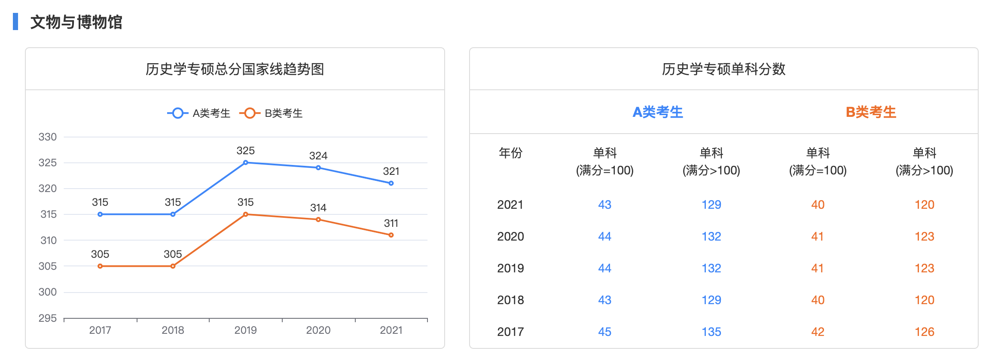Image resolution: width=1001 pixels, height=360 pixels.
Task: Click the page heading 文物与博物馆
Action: (76, 22)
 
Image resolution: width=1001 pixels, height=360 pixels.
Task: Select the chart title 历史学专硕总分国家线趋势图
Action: (235, 69)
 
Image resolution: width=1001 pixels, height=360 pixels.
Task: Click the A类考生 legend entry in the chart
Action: (199, 113)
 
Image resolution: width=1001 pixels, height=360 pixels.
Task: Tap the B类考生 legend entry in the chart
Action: (272, 113)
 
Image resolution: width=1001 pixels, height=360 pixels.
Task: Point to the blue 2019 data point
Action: (245, 163)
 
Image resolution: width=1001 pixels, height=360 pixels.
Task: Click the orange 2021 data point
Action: (391, 235)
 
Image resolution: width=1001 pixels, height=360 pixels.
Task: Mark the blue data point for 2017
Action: (100, 214)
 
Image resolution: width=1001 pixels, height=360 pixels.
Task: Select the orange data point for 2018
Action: (173, 266)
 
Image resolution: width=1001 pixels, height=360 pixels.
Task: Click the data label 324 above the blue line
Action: (318, 156)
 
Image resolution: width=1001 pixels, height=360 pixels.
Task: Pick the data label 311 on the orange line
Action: (391, 223)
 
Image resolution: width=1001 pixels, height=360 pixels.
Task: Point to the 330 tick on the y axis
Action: (48, 137)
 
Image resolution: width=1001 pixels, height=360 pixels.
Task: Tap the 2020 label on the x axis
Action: (318, 330)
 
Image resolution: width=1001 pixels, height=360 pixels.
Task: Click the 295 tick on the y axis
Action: (48, 318)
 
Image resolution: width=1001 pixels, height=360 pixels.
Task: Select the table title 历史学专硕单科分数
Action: (723, 69)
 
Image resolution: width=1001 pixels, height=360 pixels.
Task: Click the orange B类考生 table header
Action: (871, 112)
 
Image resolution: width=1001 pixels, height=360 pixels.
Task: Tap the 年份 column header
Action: (510, 153)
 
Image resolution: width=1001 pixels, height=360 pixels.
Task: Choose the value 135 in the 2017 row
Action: (711, 332)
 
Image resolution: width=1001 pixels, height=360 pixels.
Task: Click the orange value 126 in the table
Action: (925, 332)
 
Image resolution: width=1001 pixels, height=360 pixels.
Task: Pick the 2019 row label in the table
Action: (510, 268)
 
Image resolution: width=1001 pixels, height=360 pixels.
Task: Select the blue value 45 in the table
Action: (604, 332)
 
